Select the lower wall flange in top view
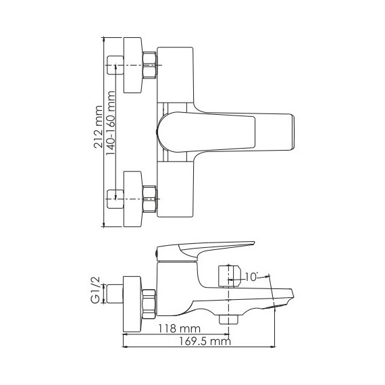click(131, 198)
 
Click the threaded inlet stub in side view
click(113, 294)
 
